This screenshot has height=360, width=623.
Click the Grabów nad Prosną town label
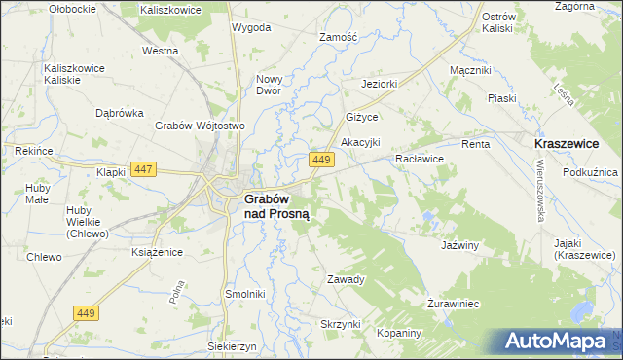pos(275,206)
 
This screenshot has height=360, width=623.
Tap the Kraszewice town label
pos(567,143)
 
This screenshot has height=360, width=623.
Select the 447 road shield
pos(144,169)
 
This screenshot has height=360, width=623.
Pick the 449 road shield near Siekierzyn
pos(87,312)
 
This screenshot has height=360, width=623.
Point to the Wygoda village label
pos(251,27)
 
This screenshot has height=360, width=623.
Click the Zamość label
pos(340,37)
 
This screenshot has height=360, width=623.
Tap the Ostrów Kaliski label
pos(497,22)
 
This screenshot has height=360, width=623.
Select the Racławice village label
pos(420,158)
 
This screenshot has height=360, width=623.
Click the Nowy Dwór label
pos(269,85)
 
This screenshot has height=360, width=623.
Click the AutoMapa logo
pos(556,342)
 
